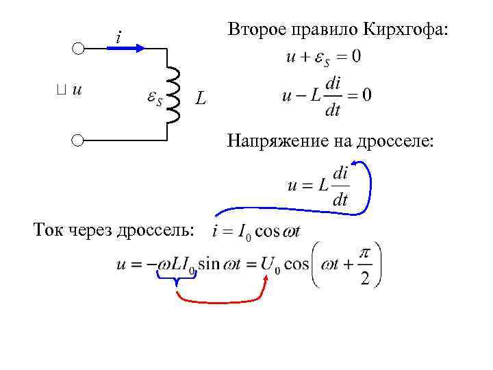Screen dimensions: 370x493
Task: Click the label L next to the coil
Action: click(x=199, y=99)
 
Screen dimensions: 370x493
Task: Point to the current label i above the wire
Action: click(x=118, y=36)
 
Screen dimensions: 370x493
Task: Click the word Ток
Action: click(x=48, y=229)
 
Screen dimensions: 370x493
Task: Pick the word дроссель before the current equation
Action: click(x=154, y=229)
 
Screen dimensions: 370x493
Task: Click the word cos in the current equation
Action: click(x=268, y=232)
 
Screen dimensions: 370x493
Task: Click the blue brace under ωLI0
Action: click(x=177, y=278)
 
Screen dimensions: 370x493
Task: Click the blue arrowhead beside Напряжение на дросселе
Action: click(x=362, y=165)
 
